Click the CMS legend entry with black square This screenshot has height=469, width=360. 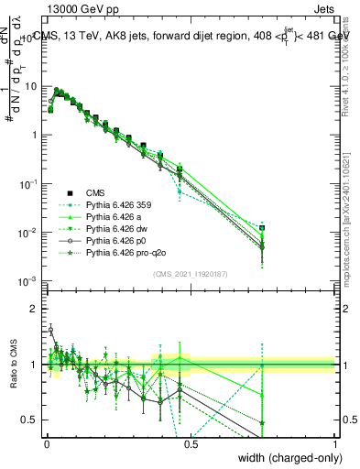[96, 192]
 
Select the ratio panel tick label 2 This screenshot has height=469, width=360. [36, 309]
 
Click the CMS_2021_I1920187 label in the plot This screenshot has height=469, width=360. [191, 273]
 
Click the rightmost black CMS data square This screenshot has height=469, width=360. [262, 227]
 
